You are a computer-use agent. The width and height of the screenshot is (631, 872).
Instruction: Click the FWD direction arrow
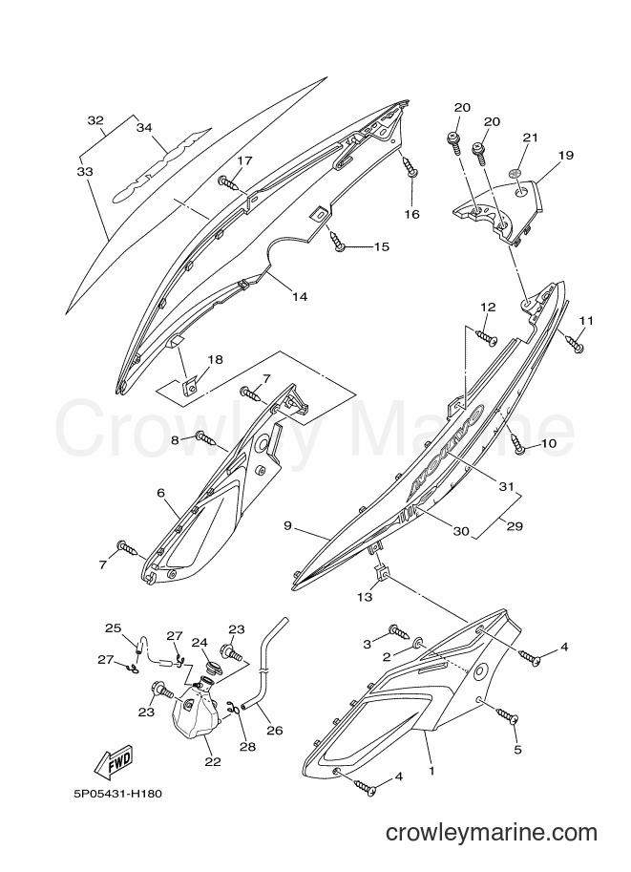pos(113,762)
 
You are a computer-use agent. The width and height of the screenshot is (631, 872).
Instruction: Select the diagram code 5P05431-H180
pos(116,794)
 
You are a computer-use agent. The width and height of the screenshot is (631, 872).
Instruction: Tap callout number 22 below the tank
pos(213,761)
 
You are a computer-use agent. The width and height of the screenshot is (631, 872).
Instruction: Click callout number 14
pos(300,296)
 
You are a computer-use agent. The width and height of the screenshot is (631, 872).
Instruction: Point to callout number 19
pos(565,155)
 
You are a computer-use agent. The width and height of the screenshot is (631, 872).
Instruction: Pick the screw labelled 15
pos(338,242)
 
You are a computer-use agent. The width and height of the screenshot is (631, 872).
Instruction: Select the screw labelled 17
pos(229,182)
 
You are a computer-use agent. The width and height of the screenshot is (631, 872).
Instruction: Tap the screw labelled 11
pos(573,343)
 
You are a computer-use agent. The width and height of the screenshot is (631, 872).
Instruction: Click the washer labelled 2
pos(419,644)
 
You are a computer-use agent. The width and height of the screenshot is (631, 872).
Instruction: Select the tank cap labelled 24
pos(211,667)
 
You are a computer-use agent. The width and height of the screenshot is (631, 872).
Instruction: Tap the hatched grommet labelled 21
pos(516,173)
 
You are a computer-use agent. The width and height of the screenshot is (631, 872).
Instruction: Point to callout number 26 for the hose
pos(275,731)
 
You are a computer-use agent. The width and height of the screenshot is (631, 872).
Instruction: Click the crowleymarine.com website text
pos(492,834)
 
